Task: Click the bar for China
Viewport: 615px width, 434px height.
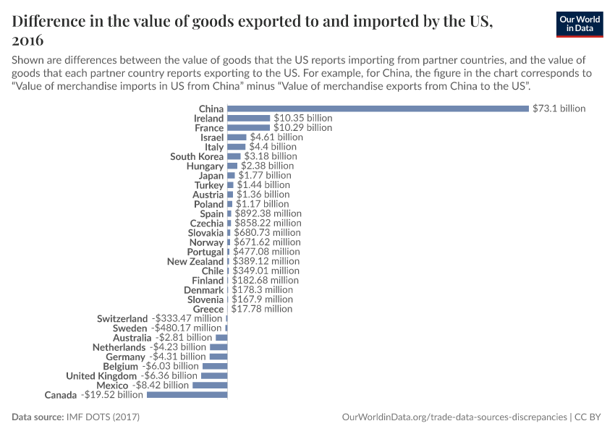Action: coord(378,109)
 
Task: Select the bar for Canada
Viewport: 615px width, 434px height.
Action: coord(187,395)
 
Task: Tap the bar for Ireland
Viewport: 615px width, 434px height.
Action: coord(248,118)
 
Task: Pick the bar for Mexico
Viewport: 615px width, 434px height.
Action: coord(210,386)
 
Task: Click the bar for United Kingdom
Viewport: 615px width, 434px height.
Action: coord(214,376)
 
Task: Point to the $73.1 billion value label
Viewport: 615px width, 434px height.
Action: coord(559,109)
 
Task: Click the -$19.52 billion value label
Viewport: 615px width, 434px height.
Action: coord(112,395)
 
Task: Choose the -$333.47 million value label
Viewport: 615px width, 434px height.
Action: coord(187,319)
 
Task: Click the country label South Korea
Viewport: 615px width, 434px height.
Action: coord(197,156)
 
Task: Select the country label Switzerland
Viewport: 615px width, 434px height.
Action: coord(122,319)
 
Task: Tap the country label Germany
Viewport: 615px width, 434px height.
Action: coord(125,357)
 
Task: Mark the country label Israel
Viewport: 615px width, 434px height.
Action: coord(212,137)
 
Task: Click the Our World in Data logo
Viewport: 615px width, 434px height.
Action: coord(580,24)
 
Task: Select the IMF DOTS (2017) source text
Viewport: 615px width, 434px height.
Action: coord(103,417)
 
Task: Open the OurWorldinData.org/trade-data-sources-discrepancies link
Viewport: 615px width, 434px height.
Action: coord(454,417)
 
